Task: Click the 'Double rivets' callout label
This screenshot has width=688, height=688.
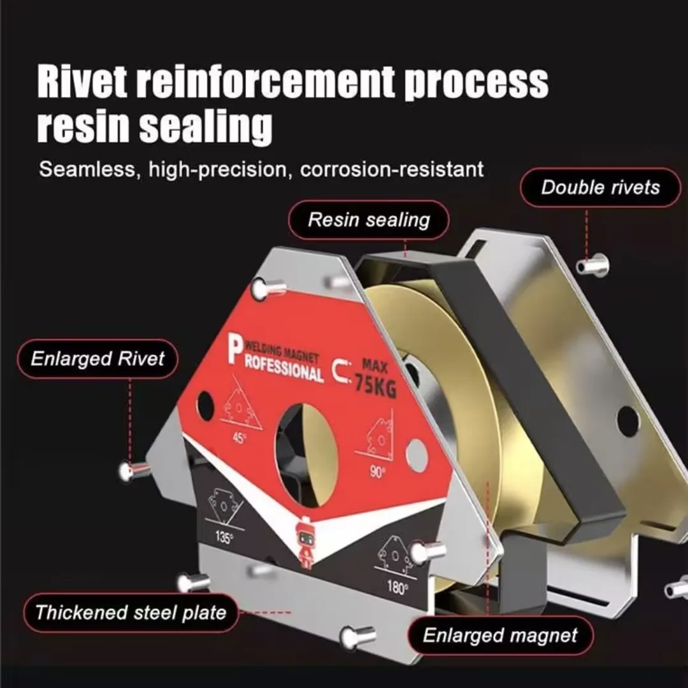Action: coord(600,187)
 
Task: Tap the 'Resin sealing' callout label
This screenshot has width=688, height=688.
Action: coord(369,220)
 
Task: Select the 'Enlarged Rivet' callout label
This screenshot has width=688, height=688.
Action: coord(97,359)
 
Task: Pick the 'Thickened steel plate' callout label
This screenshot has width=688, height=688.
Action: coord(131,613)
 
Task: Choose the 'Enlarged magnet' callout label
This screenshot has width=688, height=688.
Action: coord(500,635)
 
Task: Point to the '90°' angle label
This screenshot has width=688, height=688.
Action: coord(377,473)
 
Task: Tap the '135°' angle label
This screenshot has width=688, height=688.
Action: coord(223,537)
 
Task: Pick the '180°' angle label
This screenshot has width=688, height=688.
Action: coord(397,587)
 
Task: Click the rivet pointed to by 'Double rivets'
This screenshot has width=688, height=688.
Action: coord(592,264)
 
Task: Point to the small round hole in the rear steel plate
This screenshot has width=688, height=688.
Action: coord(627,420)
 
